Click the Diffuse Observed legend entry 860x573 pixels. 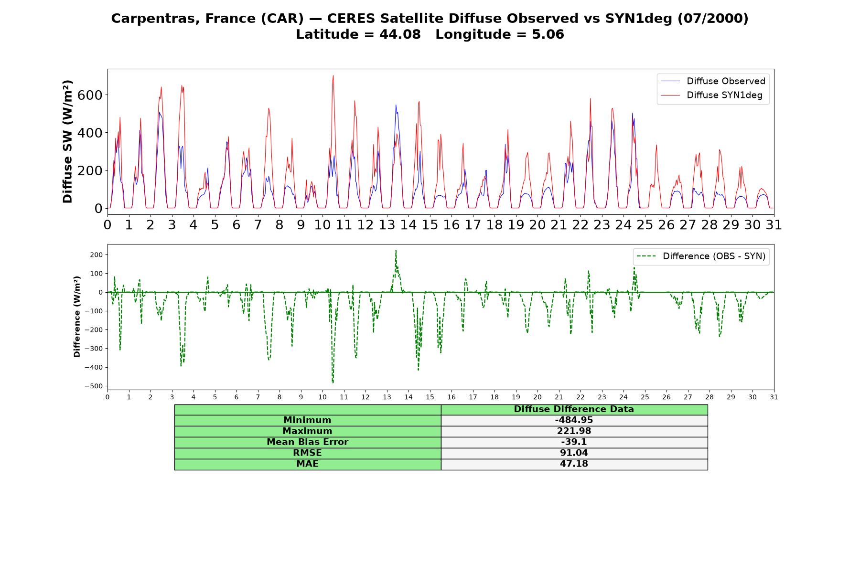(x=713, y=81)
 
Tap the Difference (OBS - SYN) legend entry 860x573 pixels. (x=701, y=256)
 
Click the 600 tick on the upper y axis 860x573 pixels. (x=91, y=95)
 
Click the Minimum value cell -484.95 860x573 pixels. (x=574, y=420)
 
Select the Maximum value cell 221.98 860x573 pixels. (x=574, y=431)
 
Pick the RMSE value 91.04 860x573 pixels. (x=574, y=453)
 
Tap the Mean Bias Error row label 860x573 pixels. (x=307, y=442)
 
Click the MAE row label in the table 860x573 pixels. (x=307, y=464)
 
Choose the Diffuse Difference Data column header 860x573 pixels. (x=574, y=409)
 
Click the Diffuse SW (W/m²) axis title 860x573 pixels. (x=68, y=142)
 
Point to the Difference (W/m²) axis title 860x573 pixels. (x=77, y=317)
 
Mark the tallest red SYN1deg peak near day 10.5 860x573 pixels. (x=333, y=75)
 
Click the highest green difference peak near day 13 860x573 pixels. (x=396, y=250)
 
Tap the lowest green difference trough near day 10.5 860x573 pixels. (x=333, y=383)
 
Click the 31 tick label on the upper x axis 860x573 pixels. (x=774, y=224)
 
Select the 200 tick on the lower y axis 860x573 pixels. (x=96, y=255)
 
